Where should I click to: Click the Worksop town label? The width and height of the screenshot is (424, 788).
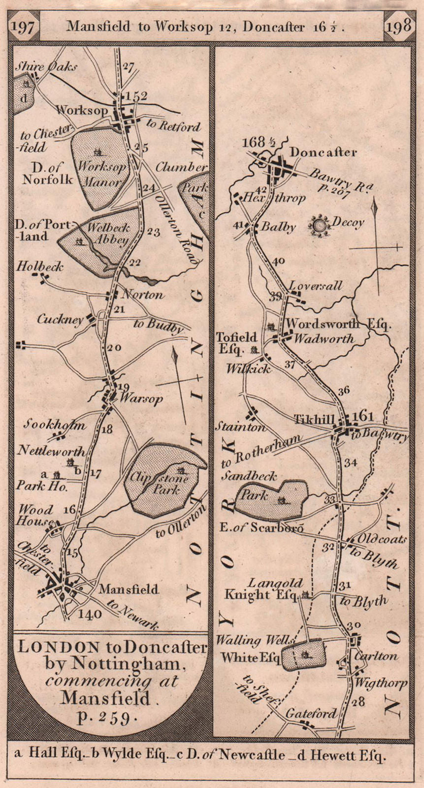coord(82,110)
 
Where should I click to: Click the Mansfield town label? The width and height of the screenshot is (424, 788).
coord(129,589)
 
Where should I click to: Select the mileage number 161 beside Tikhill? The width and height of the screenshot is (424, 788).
coord(364,417)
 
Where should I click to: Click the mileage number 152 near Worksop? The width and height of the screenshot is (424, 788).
coord(135,96)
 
